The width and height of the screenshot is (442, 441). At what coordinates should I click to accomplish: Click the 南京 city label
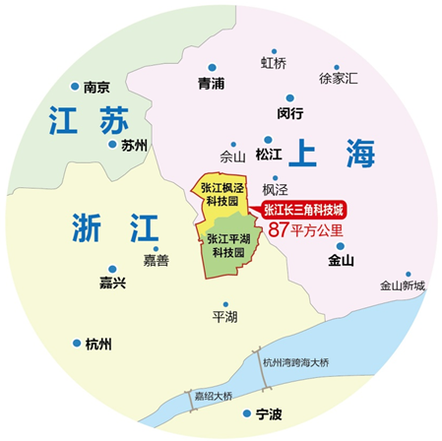coord(96,86)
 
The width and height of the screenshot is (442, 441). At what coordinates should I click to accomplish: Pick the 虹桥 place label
coord(274,63)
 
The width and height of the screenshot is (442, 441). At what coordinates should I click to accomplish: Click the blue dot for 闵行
coord(286,97)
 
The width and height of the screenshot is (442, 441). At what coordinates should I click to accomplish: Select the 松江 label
coord(268,156)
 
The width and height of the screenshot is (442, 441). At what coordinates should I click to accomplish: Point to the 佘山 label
coord(232,156)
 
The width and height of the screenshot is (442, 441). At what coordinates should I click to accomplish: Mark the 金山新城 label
coord(402,286)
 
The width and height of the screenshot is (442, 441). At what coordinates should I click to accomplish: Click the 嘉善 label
coord(156,261)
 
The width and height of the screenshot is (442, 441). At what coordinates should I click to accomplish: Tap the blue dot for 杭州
coord(77,344)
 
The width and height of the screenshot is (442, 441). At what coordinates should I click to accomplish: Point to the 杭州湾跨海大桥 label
coord(295,363)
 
